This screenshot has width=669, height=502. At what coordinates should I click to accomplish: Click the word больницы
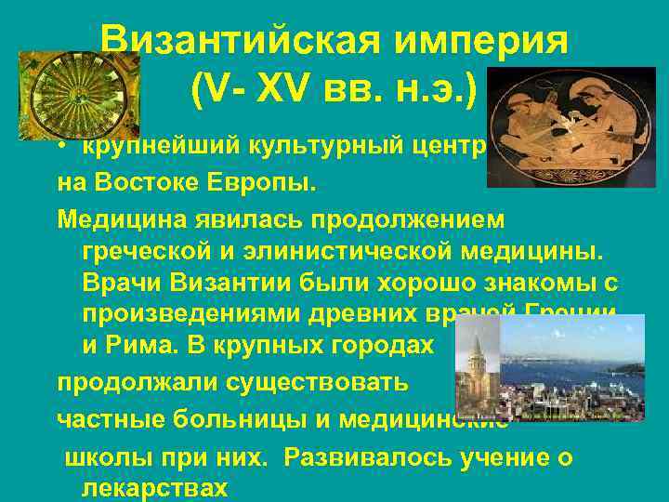click(x=215, y=417)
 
